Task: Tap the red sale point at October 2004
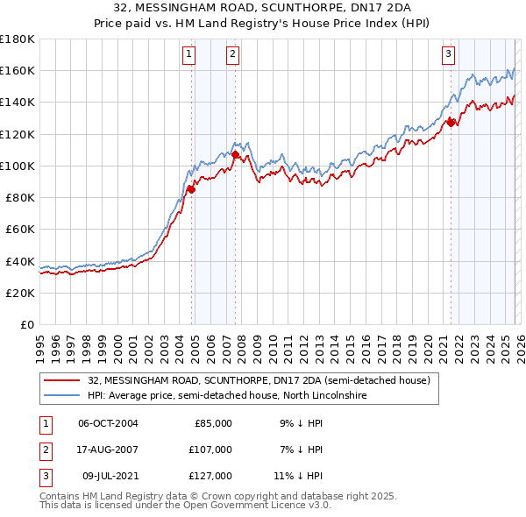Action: coord(191,189)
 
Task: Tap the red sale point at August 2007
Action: coord(235,154)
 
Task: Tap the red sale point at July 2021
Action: coord(451,123)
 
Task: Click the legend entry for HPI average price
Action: coord(226,396)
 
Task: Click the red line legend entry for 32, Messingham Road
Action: coord(259,381)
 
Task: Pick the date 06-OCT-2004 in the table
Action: coord(108,422)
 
